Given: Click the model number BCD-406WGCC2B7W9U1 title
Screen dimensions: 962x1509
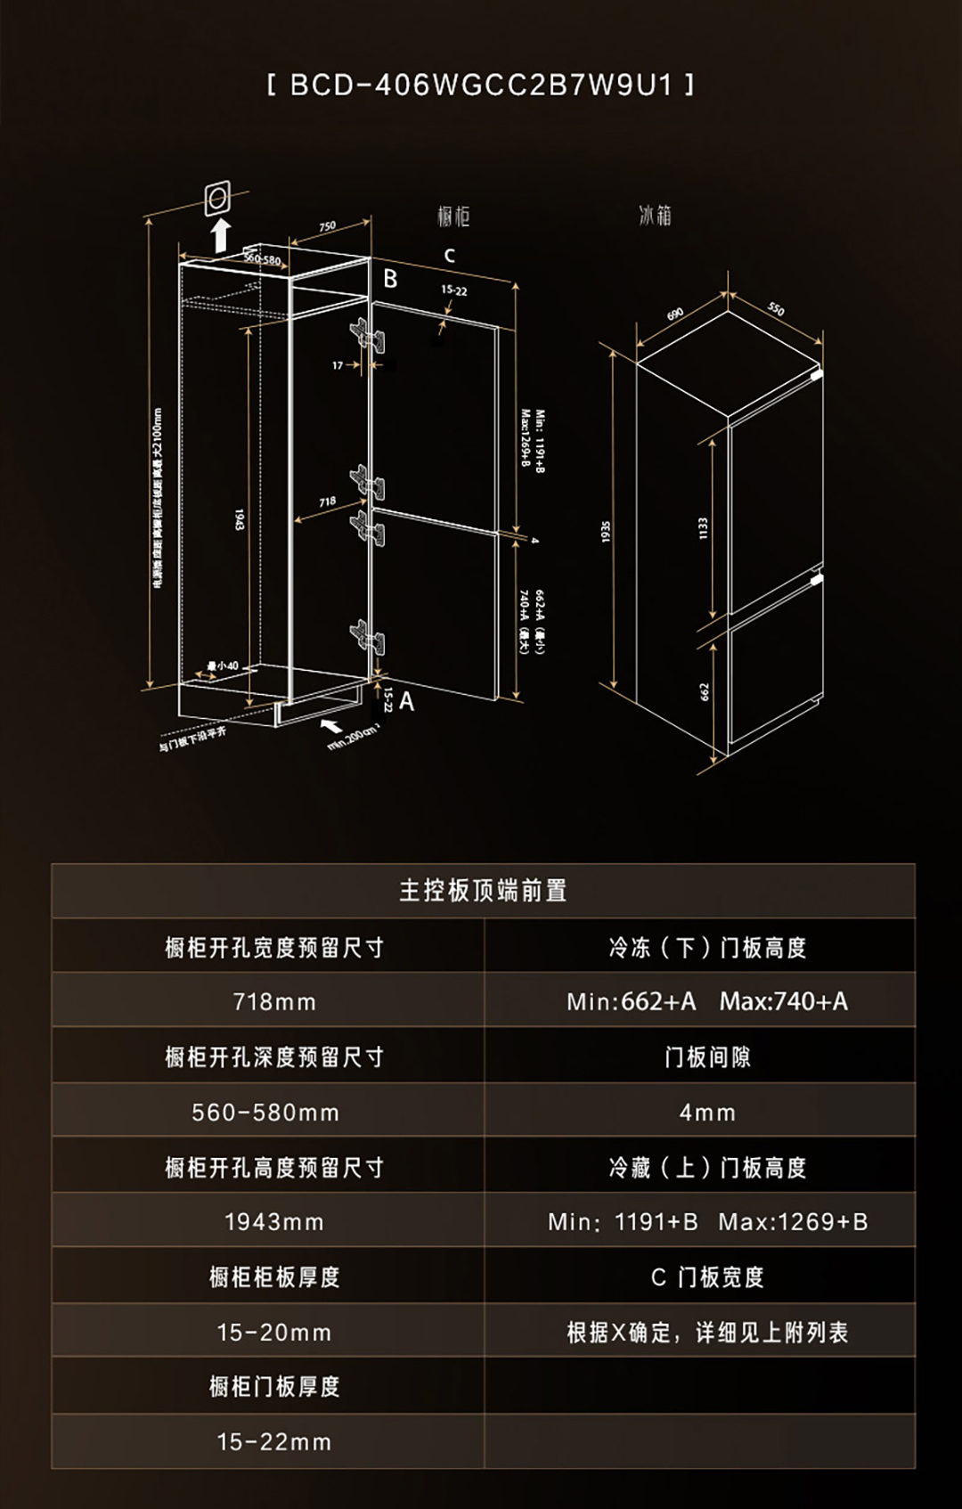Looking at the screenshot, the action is coord(481,85).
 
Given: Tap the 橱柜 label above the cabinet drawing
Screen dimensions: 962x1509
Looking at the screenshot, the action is coord(453,216).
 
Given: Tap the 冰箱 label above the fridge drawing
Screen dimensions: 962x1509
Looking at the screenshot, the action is coord(655,216).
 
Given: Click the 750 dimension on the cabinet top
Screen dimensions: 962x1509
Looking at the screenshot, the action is coord(327,226).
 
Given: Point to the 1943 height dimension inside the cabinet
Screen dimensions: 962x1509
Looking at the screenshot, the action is coord(239,519).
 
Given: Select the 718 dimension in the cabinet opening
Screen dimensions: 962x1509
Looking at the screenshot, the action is coord(327,502).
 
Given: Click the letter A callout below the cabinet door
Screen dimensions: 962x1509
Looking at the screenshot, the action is coord(406,702).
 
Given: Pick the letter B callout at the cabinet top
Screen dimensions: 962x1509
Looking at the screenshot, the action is coord(390,280).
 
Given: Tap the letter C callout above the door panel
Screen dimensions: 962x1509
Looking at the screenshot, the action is coord(450,256).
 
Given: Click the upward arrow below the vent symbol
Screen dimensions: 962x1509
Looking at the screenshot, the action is coord(220,235).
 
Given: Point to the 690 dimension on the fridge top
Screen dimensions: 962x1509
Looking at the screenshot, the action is coord(675,314).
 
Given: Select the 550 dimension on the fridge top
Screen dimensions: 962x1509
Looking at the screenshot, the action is coord(776,308).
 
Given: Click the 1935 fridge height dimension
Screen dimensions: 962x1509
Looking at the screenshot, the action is coord(606,532).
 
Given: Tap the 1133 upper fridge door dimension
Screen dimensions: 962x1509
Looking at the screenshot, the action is coord(703,528).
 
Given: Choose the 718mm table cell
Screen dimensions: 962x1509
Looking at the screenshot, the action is coord(274,1002).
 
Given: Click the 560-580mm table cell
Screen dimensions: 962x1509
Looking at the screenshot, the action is coord(266,1113).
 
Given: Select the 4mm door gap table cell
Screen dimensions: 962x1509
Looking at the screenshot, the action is coord(707,1113).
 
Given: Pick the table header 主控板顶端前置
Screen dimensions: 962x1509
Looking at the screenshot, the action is coord(483,891).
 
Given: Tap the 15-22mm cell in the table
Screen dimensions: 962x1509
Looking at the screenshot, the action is coord(274,1442).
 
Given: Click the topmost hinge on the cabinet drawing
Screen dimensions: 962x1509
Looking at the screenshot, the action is coord(368,336).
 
